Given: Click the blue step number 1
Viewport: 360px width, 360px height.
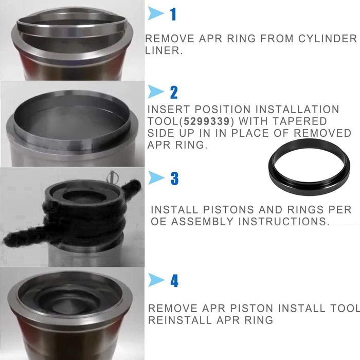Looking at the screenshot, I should tap(173, 14).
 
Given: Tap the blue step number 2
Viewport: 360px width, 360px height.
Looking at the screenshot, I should tap(174, 92).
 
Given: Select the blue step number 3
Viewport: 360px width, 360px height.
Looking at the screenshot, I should tap(174, 178).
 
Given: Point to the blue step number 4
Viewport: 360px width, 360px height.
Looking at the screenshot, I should tap(174, 281).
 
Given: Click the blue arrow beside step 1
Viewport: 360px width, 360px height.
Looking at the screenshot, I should tap(156, 14).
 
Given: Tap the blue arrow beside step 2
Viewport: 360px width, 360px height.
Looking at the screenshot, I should tap(156, 92).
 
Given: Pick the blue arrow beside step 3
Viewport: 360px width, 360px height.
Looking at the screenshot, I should tap(156, 178).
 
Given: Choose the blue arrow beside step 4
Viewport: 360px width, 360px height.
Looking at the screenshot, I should tap(156, 281).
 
